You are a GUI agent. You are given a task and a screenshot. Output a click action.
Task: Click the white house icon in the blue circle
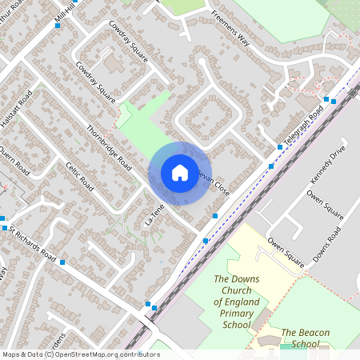pos(179,173)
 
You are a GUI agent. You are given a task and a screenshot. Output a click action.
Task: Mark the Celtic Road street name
pos(81,177)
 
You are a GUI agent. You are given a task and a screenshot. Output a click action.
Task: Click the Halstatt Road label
pos(16,108)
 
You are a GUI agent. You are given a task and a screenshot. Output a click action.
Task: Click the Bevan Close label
pos(214,184)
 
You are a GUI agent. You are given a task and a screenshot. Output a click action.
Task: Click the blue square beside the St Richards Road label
pos(62,262)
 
